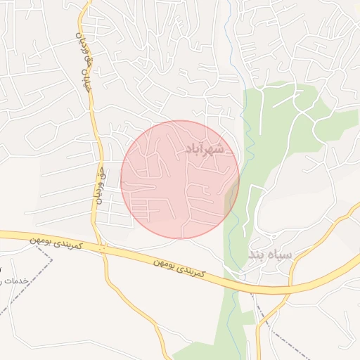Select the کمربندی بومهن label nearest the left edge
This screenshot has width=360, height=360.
coord(56,244)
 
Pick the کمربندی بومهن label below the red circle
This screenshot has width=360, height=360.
coord(179,266)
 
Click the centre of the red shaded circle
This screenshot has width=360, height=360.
coord(180,180)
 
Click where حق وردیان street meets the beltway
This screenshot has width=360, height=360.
coord(103,248)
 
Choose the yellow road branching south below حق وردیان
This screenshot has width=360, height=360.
coord(134,302)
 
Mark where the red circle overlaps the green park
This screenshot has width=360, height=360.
coord(231,200)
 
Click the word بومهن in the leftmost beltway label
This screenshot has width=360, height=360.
coord(42,240)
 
